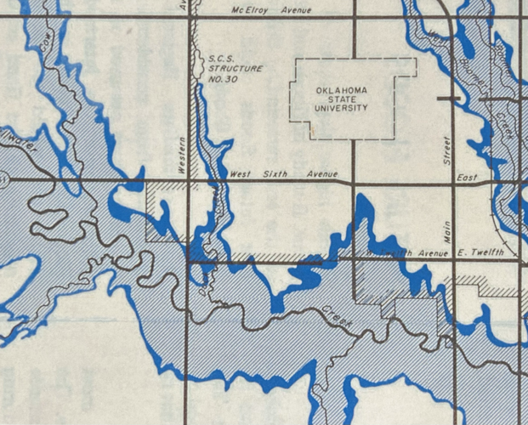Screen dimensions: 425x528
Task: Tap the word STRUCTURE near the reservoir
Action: click(236, 68)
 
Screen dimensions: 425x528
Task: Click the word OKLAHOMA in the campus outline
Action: click(343, 90)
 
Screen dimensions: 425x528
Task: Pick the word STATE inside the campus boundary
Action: click(343, 99)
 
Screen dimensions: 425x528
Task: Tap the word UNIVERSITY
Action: click(343, 109)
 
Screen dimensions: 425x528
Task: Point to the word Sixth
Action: click(271, 174)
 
